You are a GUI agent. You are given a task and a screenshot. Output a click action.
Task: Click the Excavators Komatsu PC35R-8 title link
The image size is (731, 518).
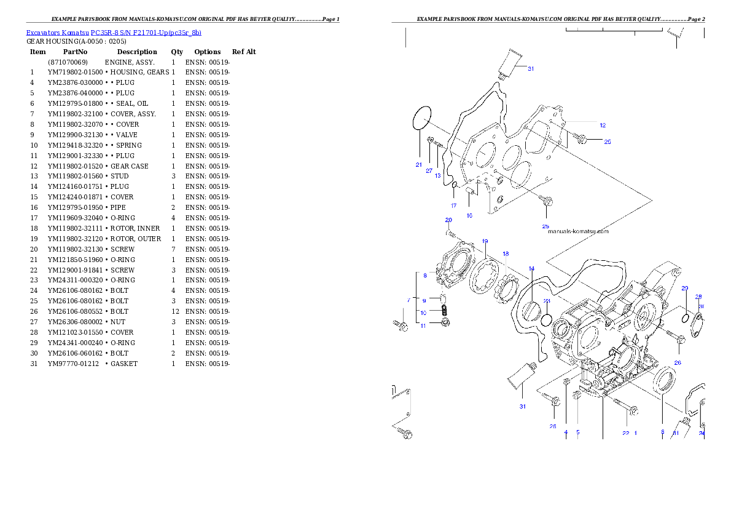point(114,33)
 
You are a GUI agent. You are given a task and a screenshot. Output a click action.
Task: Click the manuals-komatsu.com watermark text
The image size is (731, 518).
point(577,232)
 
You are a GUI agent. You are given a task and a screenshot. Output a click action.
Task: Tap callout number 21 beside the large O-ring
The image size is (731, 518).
point(418,165)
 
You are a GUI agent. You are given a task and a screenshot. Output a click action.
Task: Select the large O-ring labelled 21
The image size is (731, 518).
point(421,118)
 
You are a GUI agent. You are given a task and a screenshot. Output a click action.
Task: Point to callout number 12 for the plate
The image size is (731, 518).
point(603,125)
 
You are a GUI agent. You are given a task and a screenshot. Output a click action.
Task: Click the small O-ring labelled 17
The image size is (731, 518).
point(453,186)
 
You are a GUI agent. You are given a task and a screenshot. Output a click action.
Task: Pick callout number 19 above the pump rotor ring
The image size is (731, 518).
point(485,241)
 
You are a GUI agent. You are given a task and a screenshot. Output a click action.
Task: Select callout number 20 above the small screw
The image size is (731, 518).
point(448,220)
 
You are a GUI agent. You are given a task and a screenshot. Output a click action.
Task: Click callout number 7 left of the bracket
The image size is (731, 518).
point(408,300)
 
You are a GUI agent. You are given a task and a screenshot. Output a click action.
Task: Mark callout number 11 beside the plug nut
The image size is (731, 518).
point(423,326)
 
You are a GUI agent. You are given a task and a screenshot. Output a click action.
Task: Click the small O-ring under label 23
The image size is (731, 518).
point(546,319)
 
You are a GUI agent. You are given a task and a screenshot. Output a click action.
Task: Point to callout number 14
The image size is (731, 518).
point(531,268)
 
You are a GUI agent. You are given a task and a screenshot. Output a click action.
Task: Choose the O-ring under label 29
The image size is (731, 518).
point(684,317)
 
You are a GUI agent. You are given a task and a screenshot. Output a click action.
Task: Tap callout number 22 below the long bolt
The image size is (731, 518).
point(625,433)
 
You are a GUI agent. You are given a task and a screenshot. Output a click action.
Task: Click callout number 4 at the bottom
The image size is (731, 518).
point(566,432)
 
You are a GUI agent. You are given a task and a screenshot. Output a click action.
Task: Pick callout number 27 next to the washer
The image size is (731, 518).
point(429,171)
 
